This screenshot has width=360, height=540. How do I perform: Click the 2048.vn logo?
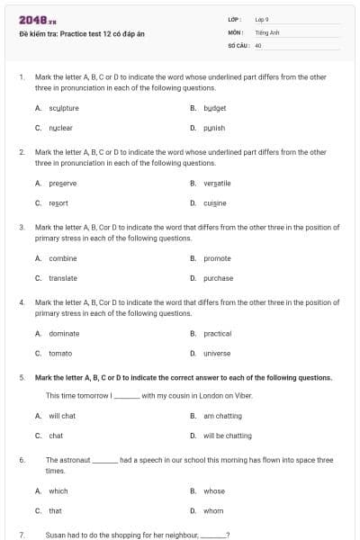tap(32, 20)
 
